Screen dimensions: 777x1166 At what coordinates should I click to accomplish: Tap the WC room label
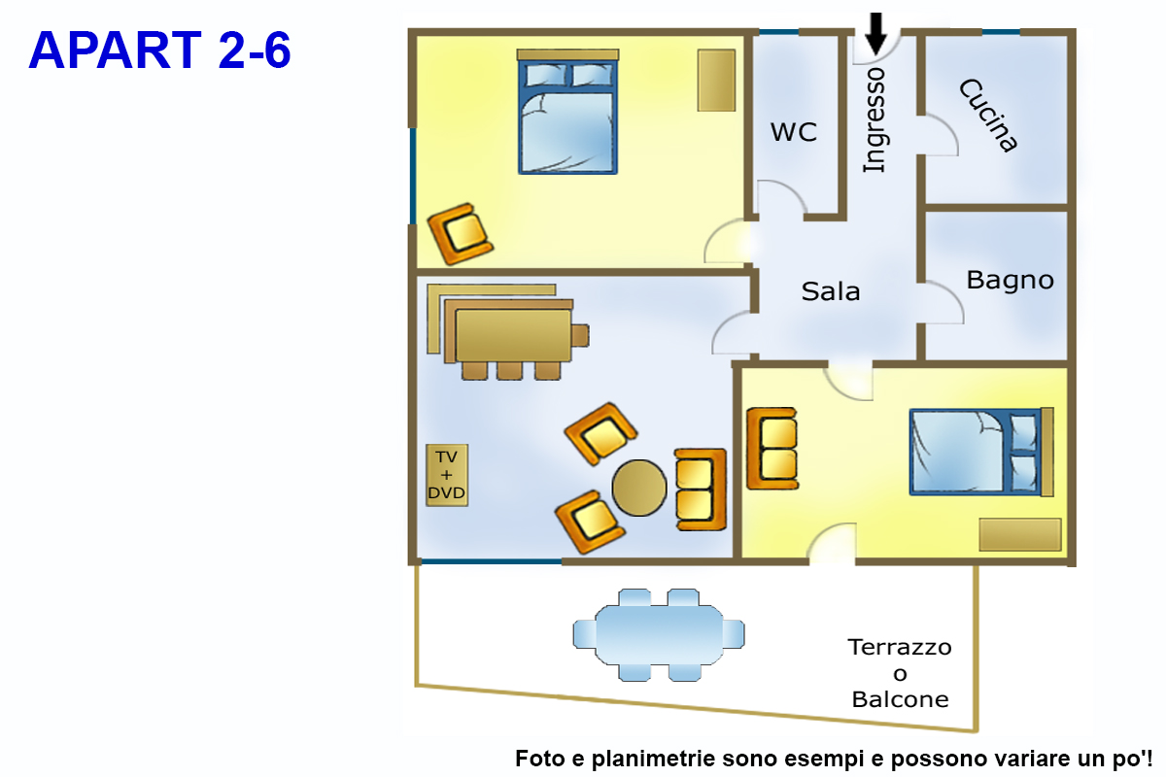pyautogui.click(x=794, y=132)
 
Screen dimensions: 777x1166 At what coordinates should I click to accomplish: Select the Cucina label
pyautogui.click(x=988, y=116)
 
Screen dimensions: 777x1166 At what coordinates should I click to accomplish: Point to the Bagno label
pyautogui.click(x=1010, y=281)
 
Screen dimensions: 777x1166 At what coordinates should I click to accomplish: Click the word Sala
pyautogui.click(x=831, y=290)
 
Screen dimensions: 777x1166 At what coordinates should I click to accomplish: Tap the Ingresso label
pyautogui.click(x=874, y=119)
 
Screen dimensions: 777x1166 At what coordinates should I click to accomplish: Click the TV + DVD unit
pyautogui.click(x=447, y=475)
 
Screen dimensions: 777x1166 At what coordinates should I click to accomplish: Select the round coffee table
pyautogui.click(x=639, y=488)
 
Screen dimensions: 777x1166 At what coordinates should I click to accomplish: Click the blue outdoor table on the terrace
pyautogui.click(x=659, y=634)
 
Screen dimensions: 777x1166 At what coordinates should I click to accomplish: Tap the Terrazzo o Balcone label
pyautogui.click(x=900, y=672)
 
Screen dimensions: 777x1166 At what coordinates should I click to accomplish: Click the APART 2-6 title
pyautogui.click(x=160, y=51)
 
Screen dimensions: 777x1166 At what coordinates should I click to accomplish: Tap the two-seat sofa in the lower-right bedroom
pyautogui.click(x=772, y=448)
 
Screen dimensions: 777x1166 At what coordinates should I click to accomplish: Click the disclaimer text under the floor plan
pyautogui.click(x=834, y=758)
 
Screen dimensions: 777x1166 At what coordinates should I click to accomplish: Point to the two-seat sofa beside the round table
pyautogui.click(x=700, y=490)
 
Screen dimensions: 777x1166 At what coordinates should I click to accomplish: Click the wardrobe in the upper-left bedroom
pyautogui.click(x=716, y=81)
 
